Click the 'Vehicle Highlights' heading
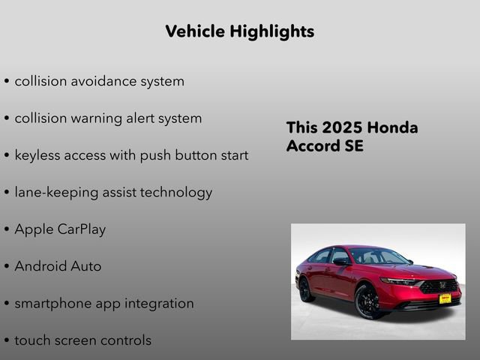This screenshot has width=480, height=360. point(239,31)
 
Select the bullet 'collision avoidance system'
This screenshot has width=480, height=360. point(99,81)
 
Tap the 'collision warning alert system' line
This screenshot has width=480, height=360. point(108,118)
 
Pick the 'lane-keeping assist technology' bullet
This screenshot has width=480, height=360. point(113,192)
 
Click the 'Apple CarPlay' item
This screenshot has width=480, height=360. point(60,229)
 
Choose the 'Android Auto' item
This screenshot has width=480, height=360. point(58,266)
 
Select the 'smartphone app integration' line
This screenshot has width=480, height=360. point(104,303)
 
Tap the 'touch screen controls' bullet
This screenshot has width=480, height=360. point(82,340)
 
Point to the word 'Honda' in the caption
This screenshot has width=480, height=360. point(394,127)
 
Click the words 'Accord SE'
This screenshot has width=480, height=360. point(325,146)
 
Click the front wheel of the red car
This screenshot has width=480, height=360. point(367,301)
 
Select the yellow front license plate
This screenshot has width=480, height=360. point(445,298)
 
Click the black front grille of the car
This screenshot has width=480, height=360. point(439,286)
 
